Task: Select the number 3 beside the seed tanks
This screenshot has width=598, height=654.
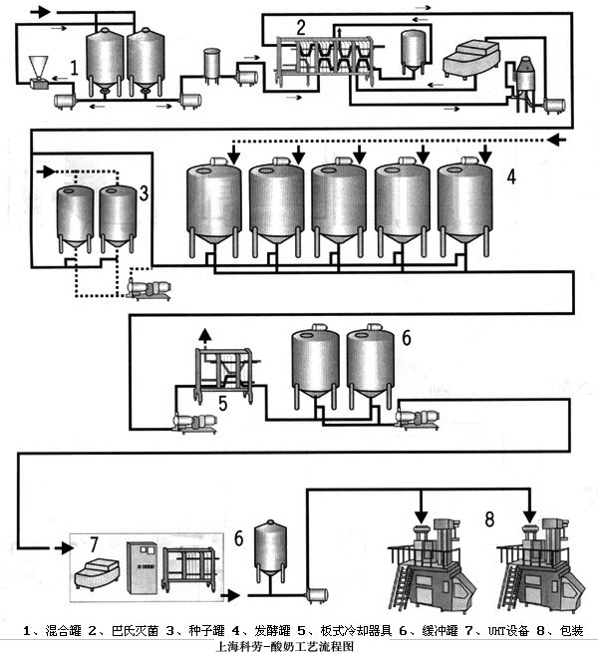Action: pos(145,192)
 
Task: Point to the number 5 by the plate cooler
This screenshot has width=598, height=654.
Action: pos(223,403)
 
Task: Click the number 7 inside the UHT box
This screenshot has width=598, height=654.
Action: pos(95,544)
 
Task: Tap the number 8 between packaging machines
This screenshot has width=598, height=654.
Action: pos(488,518)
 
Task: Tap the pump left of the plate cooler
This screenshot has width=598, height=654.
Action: pos(189,423)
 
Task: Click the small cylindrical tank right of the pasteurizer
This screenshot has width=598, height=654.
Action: pos(413,50)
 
